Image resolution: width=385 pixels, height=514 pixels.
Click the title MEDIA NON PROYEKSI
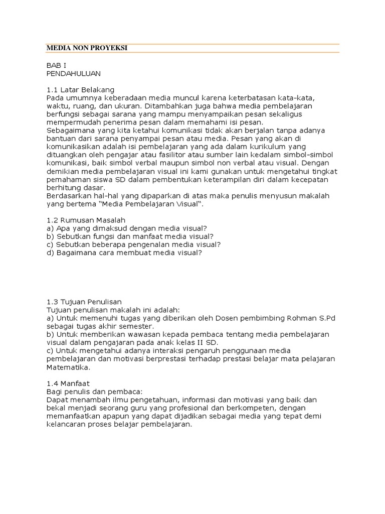(x=87, y=48)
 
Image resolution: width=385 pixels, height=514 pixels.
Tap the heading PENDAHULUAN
(x=73, y=74)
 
